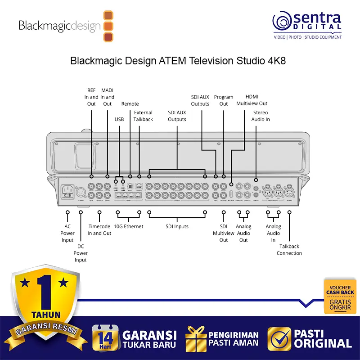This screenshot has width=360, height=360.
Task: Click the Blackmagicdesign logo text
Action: coord(59,26)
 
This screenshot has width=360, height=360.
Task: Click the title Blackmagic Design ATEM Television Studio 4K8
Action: coord(178,61)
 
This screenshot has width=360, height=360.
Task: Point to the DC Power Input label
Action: coord(81,253)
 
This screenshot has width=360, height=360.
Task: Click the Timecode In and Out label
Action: coord(99,230)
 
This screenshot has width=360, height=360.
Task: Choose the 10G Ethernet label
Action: coord(128,226)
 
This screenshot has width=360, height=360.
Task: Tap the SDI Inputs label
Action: coord(177,226)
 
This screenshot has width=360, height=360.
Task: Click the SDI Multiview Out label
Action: coord(224,233)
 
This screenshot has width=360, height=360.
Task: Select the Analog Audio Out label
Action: coord(243,233)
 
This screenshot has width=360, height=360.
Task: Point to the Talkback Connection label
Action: coord(289,250)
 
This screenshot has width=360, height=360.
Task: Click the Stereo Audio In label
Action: coord(261,116)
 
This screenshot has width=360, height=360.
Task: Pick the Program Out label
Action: coord(224,100)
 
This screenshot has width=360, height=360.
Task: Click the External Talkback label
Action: coord(143,116)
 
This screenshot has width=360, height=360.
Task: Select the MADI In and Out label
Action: coord(107,97)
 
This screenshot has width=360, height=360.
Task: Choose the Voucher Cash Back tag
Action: coord(340,296)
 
